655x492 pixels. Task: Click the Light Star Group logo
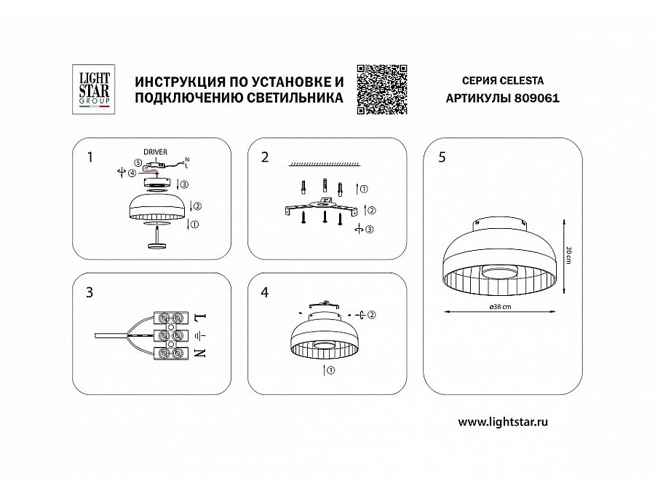pos(92,87)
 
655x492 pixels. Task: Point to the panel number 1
pos(90,156)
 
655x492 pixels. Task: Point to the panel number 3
pos(90,292)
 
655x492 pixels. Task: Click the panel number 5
pos(442,156)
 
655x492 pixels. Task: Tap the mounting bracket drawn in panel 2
pos(320,208)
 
